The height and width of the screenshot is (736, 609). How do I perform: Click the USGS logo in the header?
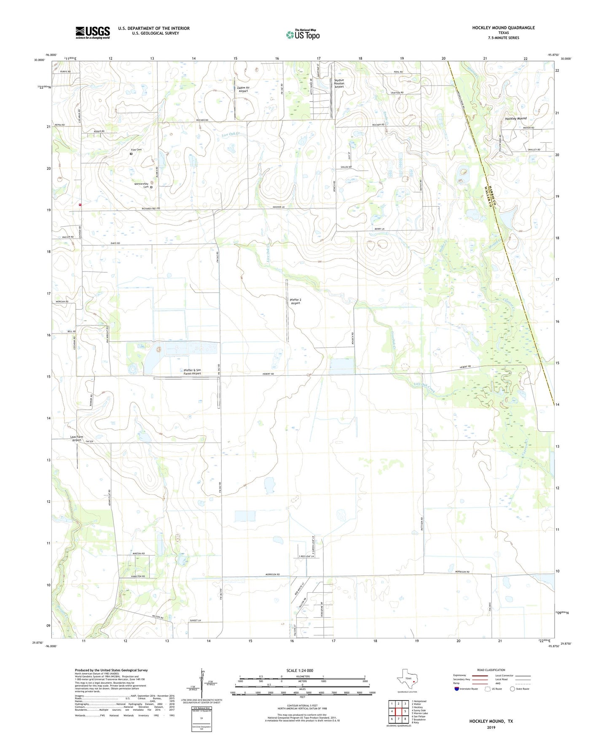coord(93,32)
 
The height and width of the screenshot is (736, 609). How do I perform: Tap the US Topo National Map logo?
coord(303,34)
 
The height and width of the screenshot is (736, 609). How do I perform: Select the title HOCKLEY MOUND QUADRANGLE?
coord(503,28)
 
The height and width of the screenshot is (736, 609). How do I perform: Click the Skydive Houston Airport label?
coord(339,83)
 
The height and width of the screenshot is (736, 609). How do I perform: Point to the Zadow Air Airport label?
coord(243,89)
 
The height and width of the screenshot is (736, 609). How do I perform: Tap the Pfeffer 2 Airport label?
coord(295,301)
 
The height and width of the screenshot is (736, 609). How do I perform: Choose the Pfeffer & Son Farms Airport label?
coord(192,372)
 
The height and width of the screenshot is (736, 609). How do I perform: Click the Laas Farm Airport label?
coord(77,438)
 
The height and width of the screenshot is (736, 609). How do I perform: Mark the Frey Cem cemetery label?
coord(136,150)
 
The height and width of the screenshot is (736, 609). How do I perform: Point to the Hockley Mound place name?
coord(515,119)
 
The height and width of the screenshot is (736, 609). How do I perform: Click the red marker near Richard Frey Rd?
coord(80,204)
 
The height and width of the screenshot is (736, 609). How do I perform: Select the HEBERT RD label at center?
coord(268,374)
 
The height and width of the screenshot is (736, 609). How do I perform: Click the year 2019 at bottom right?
coord(491,727)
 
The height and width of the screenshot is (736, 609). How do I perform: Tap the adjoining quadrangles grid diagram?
coord(398,711)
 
